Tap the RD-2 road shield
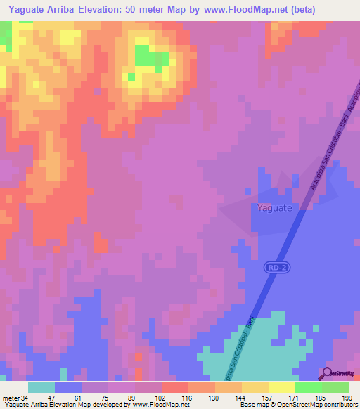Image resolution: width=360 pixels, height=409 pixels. pos(276,267)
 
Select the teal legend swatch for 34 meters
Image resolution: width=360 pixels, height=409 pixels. pos(41,387)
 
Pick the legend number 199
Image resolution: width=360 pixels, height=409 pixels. pos(346,397)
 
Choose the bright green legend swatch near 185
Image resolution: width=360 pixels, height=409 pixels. pos(308,387)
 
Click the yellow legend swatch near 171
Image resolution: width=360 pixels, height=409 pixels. pos(281,387)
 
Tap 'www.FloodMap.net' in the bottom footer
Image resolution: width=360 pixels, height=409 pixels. pos(160,405)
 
